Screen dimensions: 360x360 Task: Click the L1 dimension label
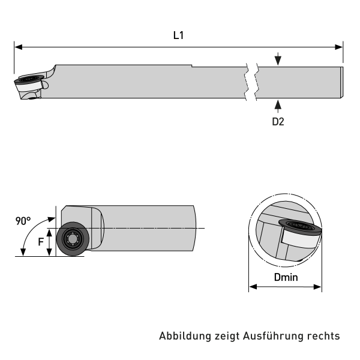click(x=178, y=35)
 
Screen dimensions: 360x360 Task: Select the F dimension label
click(x=41, y=242)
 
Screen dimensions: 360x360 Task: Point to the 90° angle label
click(x=23, y=221)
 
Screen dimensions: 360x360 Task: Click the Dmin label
click(x=286, y=278)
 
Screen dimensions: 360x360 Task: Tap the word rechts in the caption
click(x=325, y=336)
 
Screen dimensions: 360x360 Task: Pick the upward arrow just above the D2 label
click(x=277, y=106)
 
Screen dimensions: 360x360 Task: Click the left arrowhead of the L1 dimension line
click(x=18, y=46)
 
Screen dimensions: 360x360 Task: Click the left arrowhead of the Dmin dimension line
click(x=252, y=287)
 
